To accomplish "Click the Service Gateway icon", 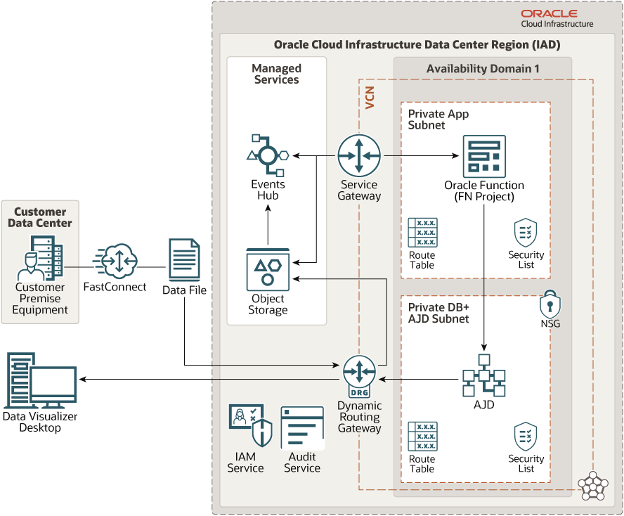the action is point(359,155).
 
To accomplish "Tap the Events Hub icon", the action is point(268,155).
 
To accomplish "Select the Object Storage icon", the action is point(268,269).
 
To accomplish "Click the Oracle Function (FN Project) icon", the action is point(484,157).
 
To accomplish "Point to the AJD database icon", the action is point(484,375).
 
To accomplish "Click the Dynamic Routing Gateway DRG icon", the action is point(359,376).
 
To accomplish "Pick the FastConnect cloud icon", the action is point(115,262).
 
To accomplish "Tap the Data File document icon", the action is point(184,260).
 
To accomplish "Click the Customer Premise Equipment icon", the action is point(40,258).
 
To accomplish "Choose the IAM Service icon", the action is point(250,425).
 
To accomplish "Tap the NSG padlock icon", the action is point(550,304).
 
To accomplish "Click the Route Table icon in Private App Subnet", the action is point(422,233).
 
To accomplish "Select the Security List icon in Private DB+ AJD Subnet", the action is point(526,437).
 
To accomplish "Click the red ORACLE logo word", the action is point(550,14).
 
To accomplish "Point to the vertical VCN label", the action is point(370,98).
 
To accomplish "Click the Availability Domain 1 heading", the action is point(483,69).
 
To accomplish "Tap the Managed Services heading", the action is point(277,74).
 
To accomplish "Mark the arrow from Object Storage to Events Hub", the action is point(268,224).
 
